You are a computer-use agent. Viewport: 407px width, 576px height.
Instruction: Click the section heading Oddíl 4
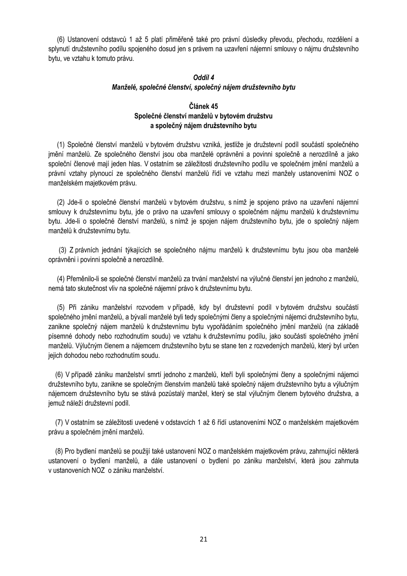(x=203, y=77)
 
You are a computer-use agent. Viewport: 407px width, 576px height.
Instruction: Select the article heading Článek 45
(x=203, y=106)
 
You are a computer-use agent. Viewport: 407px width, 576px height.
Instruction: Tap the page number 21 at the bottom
(x=203, y=539)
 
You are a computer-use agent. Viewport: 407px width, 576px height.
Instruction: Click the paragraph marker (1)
(x=61, y=145)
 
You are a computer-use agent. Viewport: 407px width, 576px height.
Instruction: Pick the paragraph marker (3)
(x=62, y=250)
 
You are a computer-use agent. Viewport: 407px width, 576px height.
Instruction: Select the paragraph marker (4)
(x=61, y=279)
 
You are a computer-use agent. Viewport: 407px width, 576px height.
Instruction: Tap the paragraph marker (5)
(x=61, y=307)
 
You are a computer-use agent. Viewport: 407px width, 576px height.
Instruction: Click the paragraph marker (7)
(x=59, y=422)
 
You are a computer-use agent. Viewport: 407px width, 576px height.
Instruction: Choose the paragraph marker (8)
(x=59, y=451)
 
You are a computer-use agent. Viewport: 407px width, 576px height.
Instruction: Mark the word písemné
(x=58, y=336)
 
